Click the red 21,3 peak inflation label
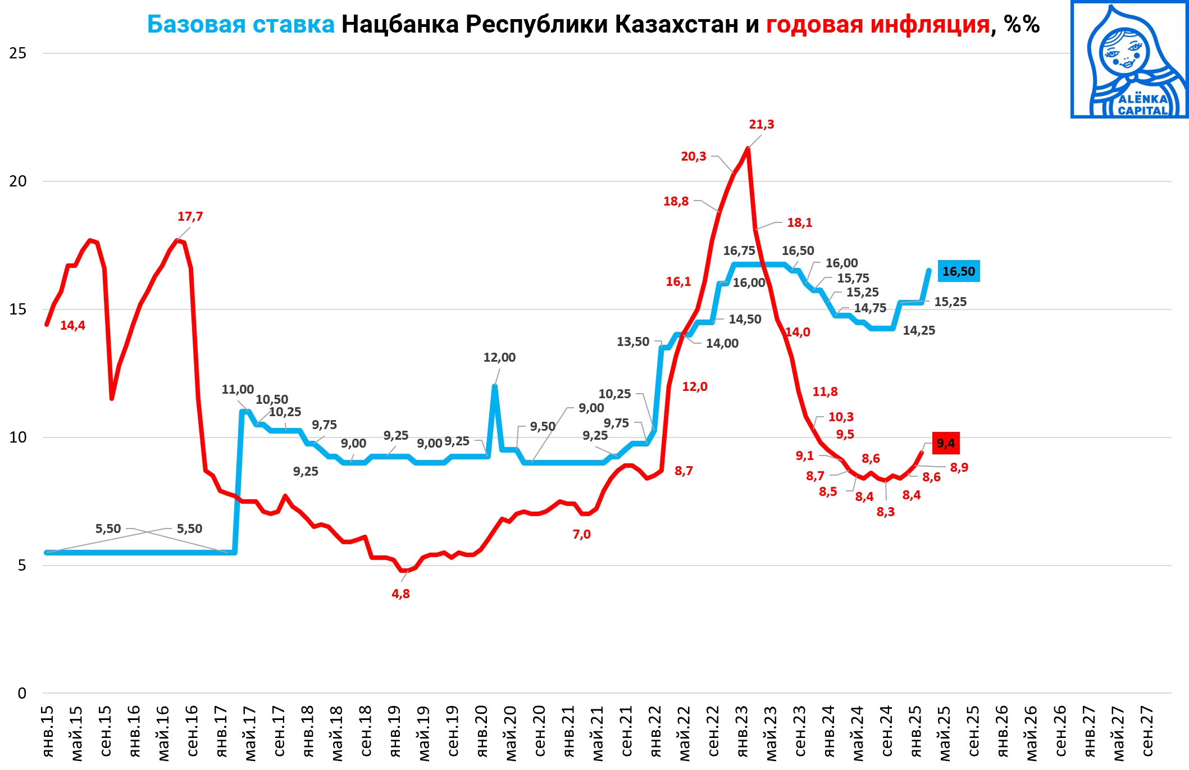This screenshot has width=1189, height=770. (761, 125)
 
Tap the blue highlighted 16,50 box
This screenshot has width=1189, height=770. (959, 272)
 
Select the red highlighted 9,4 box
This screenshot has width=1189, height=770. (946, 444)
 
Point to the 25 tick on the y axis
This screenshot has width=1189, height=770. (18, 53)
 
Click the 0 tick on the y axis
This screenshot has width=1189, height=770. (22, 694)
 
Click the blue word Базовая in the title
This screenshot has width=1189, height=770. (196, 25)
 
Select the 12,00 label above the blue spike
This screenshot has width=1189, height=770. (499, 358)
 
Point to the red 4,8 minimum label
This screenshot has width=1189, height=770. (400, 594)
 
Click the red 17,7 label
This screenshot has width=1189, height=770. (190, 217)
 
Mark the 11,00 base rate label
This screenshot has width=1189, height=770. (238, 390)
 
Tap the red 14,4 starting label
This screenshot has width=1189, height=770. (72, 326)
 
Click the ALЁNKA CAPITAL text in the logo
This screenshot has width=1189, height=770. (1142, 104)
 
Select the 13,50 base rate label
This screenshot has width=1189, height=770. (632, 342)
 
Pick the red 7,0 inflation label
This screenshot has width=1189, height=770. (581, 535)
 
